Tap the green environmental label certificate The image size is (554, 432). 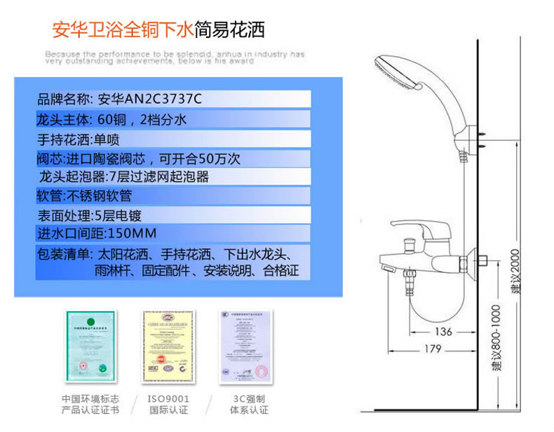(90, 344)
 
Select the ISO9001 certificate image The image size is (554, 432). (168, 344)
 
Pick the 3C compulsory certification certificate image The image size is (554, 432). (245, 344)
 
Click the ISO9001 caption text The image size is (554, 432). (168, 398)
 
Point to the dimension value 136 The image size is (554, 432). (443, 332)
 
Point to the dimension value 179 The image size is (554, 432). (434, 349)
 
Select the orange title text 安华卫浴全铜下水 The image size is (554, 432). (123, 30)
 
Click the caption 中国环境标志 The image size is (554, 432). (90, 398)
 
